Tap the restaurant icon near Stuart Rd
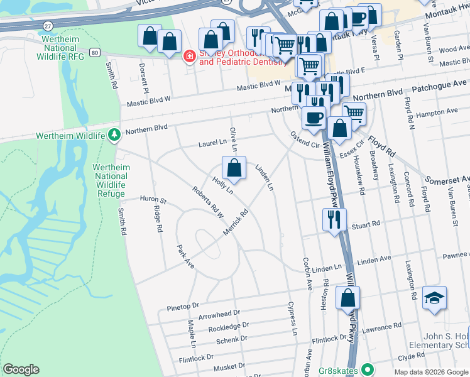333,219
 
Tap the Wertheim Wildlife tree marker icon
114,134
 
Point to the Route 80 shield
94,52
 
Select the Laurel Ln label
212,143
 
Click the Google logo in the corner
21,369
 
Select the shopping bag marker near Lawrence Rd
347,298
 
